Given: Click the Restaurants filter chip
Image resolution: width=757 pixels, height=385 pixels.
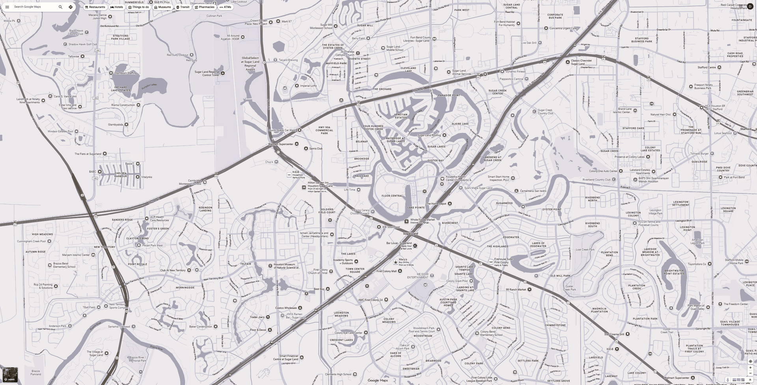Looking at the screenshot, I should [x=95, y=7].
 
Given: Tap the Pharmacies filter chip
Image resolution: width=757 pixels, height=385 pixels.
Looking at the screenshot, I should [x=204, y=7].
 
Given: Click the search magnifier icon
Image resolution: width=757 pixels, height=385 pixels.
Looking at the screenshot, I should [x=60, y=7].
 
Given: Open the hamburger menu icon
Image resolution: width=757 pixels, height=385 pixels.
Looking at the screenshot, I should [x=7, y=7].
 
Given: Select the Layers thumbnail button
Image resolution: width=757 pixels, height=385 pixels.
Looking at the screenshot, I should [x=10, y=375].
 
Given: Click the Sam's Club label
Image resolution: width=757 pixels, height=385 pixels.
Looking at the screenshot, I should [x=316, y=149].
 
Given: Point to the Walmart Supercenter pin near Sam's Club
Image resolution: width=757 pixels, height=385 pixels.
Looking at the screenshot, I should [x=296, y=144].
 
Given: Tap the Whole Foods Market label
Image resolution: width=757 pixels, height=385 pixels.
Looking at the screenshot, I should [x=423, y=220].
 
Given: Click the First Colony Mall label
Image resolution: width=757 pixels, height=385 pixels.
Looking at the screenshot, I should [x=386, y=271].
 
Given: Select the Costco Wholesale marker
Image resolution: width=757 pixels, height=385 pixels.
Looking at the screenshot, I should [x=300, y=308].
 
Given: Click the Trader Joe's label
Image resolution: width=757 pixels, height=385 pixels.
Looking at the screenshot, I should [x=257, y=317].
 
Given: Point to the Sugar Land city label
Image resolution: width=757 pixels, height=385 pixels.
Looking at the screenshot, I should [x=410, y=234].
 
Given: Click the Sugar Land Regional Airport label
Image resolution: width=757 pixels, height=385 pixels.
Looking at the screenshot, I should [x=250, y=64].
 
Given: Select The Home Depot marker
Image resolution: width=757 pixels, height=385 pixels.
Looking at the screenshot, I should [x=450, y=204].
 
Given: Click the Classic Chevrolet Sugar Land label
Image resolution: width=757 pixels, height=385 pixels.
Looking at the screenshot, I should [x=581, y=62].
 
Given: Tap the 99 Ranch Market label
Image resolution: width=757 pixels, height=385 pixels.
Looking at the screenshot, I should [x=516, y=290].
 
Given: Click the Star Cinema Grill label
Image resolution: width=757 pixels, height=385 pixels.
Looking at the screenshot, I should [x=614, y=334].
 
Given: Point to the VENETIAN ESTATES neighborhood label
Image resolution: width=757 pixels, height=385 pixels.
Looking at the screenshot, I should [x=401, y=116].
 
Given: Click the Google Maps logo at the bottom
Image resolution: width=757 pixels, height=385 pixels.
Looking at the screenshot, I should [x=378, y=380].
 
